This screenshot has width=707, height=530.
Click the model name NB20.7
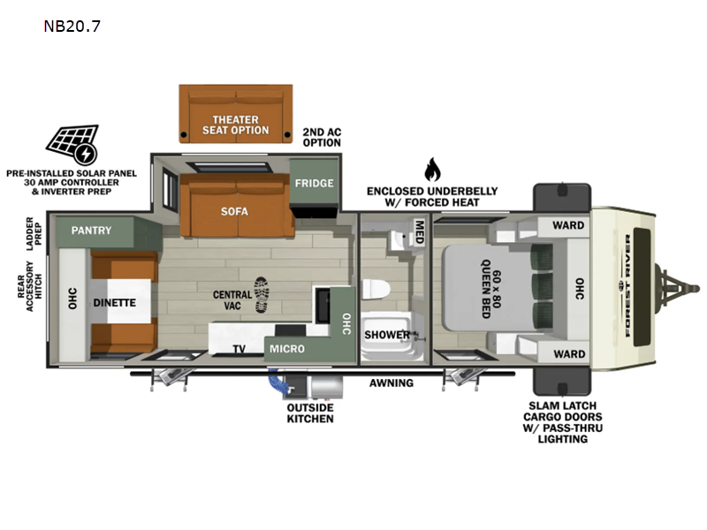[72, 26]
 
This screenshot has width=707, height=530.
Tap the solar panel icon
[72, 144]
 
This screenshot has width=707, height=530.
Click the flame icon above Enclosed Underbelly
[432, 169]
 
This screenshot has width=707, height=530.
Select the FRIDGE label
[315, 183]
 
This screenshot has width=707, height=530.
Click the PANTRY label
[91, 231]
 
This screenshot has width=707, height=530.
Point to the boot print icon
[262, 295]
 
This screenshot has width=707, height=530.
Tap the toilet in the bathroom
[376, 289]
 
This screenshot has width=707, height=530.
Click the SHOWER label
[387, 335]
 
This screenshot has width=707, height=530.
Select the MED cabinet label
[419, 231]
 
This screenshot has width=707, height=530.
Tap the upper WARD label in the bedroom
[568, 225]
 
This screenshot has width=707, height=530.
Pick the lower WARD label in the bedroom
[569, 354]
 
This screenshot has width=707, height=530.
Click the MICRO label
[287, 348]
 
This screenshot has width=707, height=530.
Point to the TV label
[239, 349]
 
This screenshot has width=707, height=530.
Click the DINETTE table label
[115, 302]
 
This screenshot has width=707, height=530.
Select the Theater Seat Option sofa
[236, 114]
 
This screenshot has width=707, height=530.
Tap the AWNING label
[392, 383]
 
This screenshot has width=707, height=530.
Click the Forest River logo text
[627, 284]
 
